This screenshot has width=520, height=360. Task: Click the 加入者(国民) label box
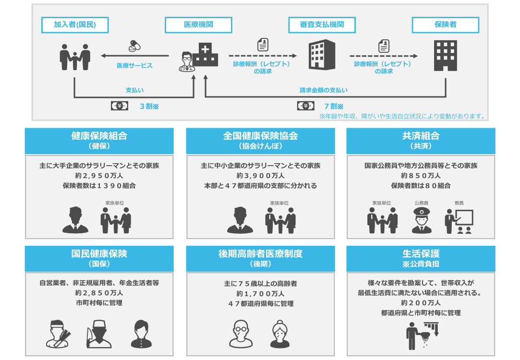point(74,24)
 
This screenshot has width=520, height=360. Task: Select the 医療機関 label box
point(199,24)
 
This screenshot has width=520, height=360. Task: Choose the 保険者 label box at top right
point(445,24)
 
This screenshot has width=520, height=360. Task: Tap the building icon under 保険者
point(445,54)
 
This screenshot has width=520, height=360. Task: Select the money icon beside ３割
point(120,106)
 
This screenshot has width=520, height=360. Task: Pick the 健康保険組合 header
point(99,140)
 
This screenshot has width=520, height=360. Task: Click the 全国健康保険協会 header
point(260,140)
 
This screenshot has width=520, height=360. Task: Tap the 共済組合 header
point(421,140)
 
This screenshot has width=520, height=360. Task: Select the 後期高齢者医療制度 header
point(260,258)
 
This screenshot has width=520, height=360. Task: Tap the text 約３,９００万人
point(260,176)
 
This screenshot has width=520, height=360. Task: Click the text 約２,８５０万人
point(99,293)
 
